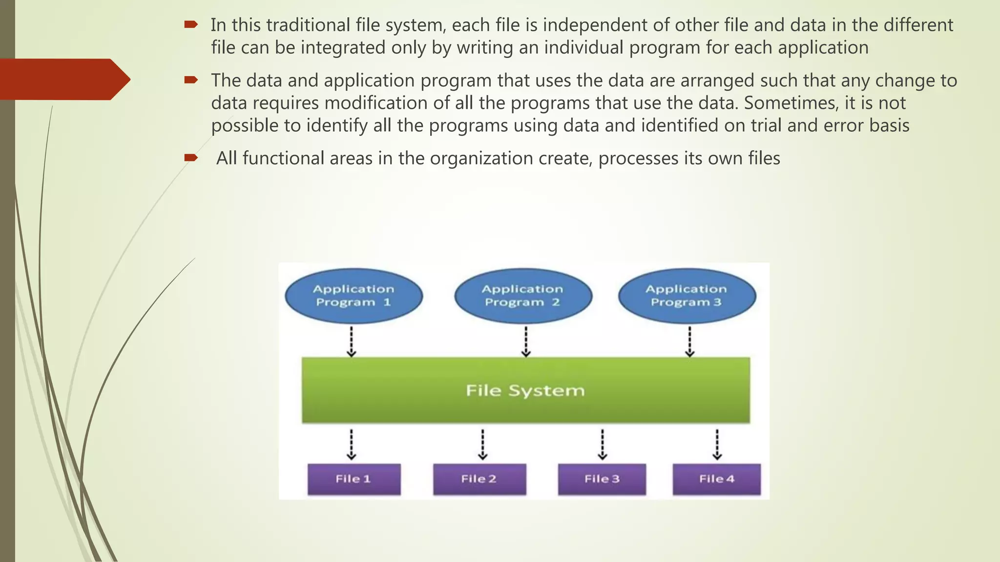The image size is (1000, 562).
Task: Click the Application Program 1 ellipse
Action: point(354,296)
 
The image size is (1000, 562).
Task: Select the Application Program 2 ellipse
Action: point(523,296)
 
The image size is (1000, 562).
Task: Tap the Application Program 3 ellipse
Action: point(687,296)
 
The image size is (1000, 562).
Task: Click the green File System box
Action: point(525,390)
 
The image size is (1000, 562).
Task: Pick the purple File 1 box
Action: point(354,479)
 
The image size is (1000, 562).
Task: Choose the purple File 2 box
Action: point(479,479)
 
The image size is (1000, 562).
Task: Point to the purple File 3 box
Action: point(602,479)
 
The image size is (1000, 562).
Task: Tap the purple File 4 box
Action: point(716,479)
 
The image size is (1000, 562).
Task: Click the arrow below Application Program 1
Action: point(352,341)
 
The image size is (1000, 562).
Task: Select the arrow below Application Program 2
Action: point(526,341)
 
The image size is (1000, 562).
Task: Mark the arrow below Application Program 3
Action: point(689,341)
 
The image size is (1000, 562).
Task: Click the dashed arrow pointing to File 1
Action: point(352,444)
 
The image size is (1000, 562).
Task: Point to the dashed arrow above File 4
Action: point(717,444)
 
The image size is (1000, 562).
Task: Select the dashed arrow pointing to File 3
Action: point(603,444)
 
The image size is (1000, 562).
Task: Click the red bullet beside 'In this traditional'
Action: point(190,24)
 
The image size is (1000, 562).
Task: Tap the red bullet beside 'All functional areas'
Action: point(190,157)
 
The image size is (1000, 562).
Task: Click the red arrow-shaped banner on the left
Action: point(63,79)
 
